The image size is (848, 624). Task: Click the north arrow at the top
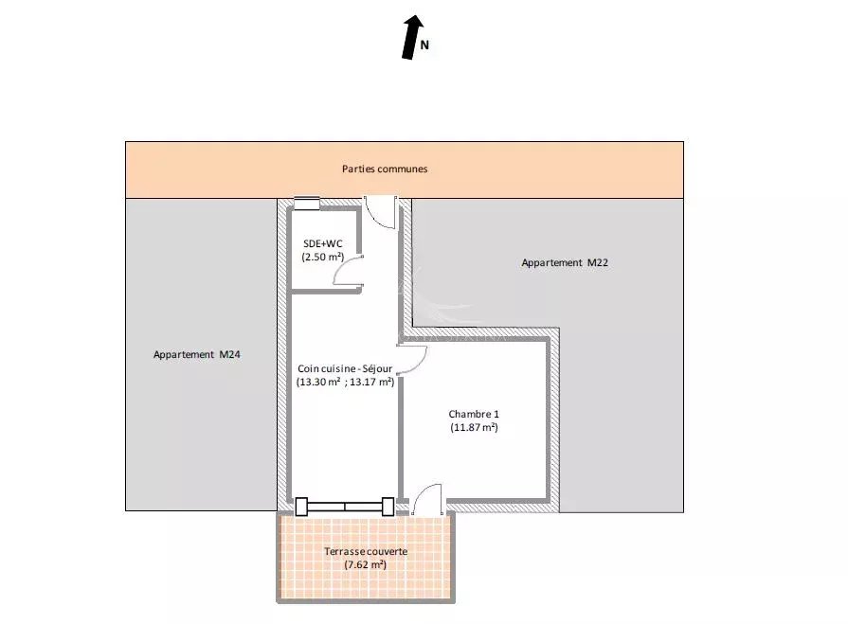pos(413,37)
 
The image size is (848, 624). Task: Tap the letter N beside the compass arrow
pos(424,45)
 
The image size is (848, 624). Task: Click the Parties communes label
pos(385,169)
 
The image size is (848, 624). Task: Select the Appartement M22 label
pos(565,262)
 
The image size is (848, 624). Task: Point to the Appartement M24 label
pos(197,354)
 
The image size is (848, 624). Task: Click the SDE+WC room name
pos(323,243)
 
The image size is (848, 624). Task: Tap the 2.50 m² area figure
pos(323,258)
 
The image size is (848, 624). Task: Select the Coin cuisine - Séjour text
pos(345,368)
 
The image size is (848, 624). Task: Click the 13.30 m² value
pos(318,382)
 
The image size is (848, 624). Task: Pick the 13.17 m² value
pos(372,382)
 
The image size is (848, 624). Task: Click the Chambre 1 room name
pos(474,415)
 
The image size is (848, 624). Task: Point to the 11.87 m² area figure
pos(475,427)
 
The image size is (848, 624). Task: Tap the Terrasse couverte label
pos(366,552)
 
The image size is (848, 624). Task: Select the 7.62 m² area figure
pos(366,565)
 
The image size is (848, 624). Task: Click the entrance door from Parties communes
pos(380,212)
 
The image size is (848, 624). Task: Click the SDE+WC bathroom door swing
pos(348,270)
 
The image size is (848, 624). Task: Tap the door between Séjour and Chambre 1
pos(412,359)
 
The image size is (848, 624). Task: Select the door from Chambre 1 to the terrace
pos(427,499)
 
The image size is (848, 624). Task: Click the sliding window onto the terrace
pos(345,507)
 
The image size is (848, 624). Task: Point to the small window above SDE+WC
pos(307,204)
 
